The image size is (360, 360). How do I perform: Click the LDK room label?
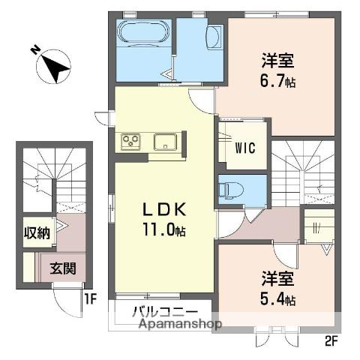pyautogui.click(x=160, y=211)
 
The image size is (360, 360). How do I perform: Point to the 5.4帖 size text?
pyautogui.click(x=278, y=300)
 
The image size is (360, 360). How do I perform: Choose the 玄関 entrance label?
pyautogui.click(x=61, y=266)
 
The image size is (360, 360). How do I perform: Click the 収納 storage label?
pyautogui.click(x=36, y=232)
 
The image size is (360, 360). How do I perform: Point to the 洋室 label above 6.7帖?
pyautogui.click(x=277, y=59)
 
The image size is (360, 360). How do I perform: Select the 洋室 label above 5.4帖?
pyautogui.click(x=277, y=278)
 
